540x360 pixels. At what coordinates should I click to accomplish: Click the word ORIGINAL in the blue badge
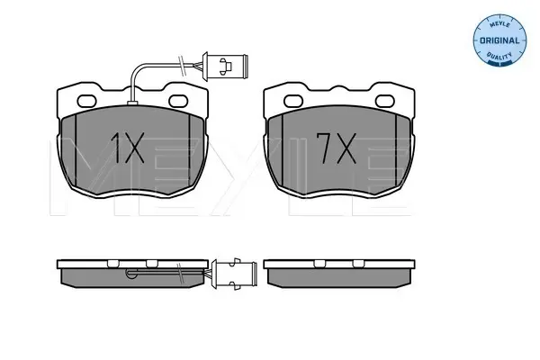tap(499, 40)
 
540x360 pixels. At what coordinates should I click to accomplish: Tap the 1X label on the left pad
tap(127, 148)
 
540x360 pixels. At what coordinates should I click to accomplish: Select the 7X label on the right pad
tap(336, 148)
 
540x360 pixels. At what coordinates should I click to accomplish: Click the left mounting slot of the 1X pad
tap(86, 101)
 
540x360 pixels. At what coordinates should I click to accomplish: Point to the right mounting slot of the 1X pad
tap(178, 101)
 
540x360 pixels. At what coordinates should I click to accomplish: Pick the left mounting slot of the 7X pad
tap(293, 101)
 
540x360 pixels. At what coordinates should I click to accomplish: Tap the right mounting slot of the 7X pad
tap(384, 101)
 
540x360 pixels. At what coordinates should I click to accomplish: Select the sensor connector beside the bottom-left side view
tap(235, 274)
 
